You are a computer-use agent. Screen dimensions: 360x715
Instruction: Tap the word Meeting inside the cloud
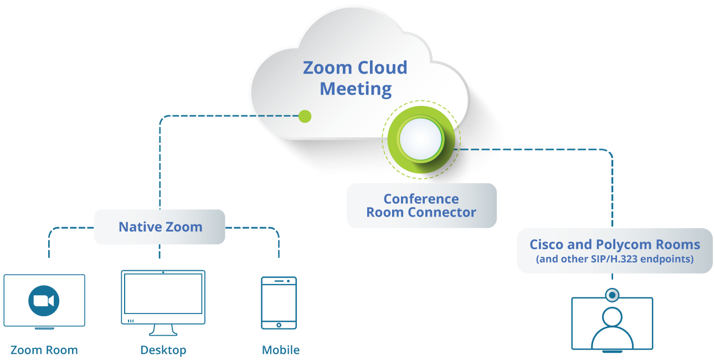coord(356,89)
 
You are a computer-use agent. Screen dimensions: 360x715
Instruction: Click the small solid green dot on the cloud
coord(305,116)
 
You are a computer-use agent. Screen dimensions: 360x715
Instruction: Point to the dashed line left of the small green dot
coord(275,116)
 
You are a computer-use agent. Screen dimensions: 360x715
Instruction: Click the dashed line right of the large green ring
coord(479,149)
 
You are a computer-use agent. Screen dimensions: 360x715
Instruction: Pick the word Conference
coord(421,199)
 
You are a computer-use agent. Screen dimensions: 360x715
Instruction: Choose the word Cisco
coord(548,245)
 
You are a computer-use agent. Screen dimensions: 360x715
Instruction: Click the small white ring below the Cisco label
coord(612,295)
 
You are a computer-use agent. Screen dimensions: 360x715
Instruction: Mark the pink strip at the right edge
coord(698,281)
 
